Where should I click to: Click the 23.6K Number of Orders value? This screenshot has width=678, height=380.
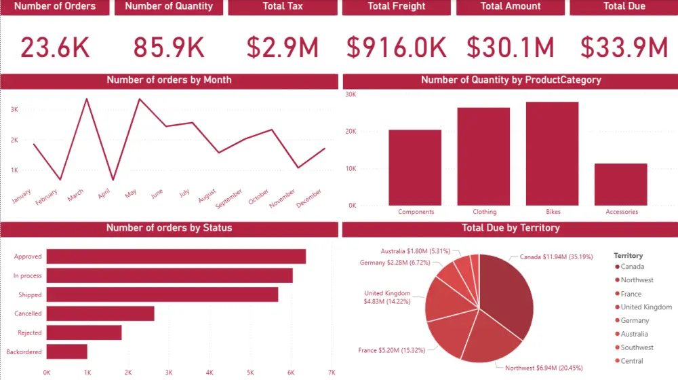(55, 47)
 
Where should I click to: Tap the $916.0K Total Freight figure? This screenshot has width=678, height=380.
(397, 47)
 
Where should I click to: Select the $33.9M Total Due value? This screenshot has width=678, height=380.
(624, 47)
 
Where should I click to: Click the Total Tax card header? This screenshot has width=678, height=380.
(283, 7)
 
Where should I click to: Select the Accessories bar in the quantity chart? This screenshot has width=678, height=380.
(620, 184)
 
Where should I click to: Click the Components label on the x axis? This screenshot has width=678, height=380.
(416, 212)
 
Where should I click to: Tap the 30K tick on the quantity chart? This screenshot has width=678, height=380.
(351, 94)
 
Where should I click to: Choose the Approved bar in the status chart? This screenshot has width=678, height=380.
(176, 256)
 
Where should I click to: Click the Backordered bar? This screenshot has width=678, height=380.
(66, 351)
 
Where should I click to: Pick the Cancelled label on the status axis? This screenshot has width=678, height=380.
(28, 313)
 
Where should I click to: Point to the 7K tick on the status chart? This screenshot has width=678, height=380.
(332, 372)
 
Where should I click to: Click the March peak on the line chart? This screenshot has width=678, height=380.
(86, 99)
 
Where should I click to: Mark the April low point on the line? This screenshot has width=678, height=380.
(113, 180)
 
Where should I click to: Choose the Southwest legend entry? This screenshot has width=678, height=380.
(635, 347)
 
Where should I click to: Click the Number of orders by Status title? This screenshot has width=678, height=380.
(169, 228)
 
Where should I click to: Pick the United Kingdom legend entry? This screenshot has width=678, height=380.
(645, 307)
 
